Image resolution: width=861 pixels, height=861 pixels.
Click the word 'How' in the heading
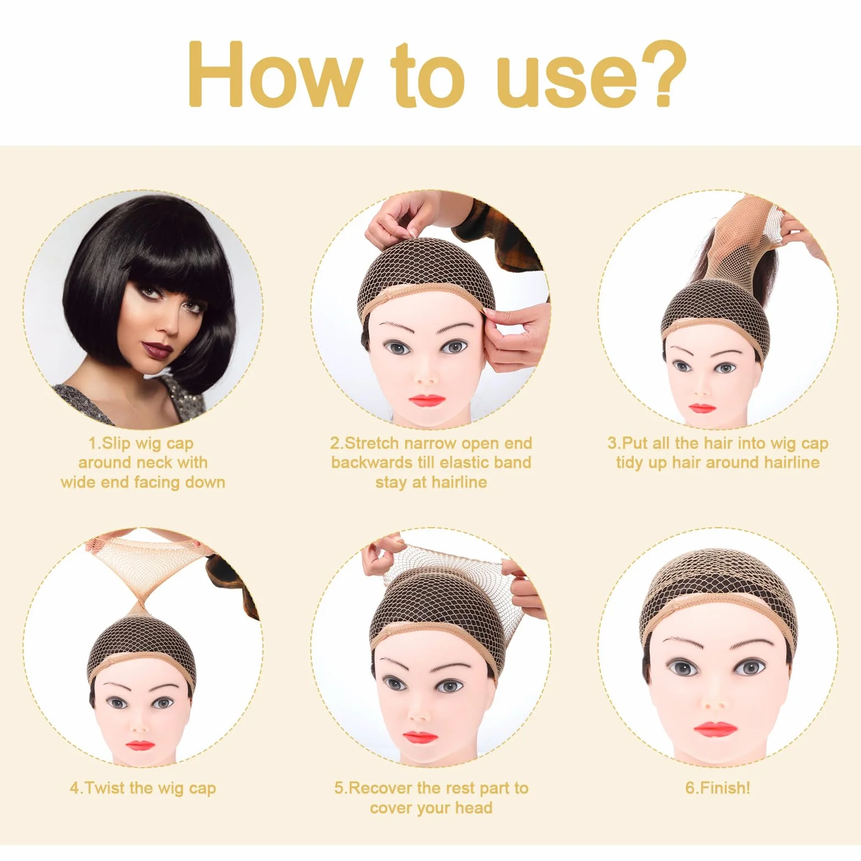(275, 74)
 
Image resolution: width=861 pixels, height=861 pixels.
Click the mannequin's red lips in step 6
(714, 729)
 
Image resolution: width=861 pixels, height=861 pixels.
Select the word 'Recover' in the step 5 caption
(381, 788)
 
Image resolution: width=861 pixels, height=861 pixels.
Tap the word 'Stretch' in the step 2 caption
(372, 443)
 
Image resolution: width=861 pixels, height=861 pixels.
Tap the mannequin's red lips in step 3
(702, 409)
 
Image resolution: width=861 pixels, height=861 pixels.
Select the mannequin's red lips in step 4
(139, 746)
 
